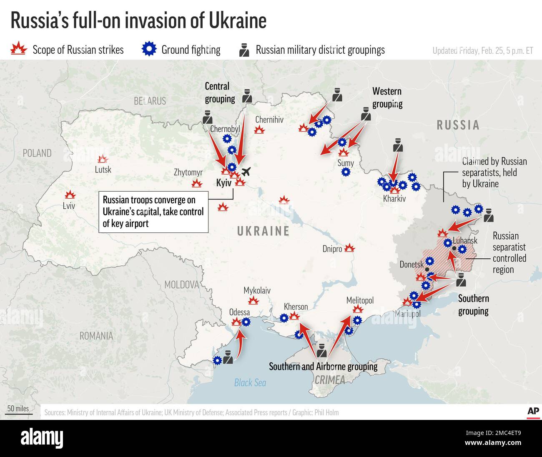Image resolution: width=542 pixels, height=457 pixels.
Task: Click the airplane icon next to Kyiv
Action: coord(246,172)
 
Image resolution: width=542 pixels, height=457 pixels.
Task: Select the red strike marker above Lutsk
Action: coord(102,159)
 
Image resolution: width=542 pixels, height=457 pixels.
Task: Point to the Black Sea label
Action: coord(250,382)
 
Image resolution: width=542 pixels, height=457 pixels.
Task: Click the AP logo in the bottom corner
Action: coord(533,411)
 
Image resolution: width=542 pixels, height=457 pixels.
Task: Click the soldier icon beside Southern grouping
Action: coord(460,280)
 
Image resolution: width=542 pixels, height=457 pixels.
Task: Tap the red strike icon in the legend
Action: coord(18,49)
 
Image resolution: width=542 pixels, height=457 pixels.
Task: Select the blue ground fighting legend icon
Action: coord(148,49)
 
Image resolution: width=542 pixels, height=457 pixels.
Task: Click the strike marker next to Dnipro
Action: coord(349,248)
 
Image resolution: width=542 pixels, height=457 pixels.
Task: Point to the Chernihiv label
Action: coord(269,120)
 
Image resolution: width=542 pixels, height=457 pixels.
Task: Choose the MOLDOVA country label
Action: coord(181,285)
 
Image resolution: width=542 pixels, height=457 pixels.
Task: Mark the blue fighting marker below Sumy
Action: coord(345,172)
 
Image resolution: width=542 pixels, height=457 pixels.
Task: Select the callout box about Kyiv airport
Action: coord(153,212)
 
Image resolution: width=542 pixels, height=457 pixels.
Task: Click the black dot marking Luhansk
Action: coord(454,248)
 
